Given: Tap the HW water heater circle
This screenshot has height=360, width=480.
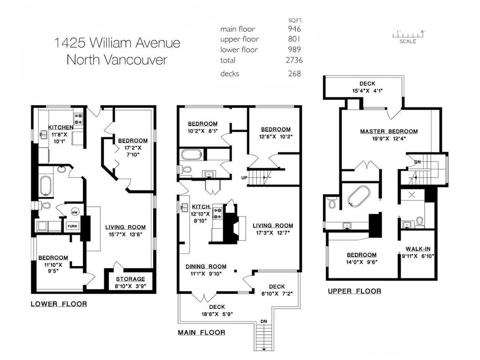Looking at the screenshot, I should tap(74, 212).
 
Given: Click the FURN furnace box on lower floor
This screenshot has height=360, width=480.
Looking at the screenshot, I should tap(72, 226).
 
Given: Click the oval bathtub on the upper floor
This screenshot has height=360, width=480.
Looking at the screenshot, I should tap(359, 196).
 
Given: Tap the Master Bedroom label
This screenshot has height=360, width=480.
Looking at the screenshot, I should tap(389, 131).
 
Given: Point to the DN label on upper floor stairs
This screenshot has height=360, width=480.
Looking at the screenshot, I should tap(417, 162).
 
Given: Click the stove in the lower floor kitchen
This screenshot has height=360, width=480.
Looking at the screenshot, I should tap(78, 117).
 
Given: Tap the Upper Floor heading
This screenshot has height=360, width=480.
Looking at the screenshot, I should tap(354, 291).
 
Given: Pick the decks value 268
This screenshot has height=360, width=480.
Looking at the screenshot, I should tap(295, 73).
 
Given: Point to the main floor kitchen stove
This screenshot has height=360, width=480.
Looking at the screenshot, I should tap(218, 213).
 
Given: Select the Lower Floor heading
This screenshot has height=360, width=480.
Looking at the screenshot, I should tap(59, 304).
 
